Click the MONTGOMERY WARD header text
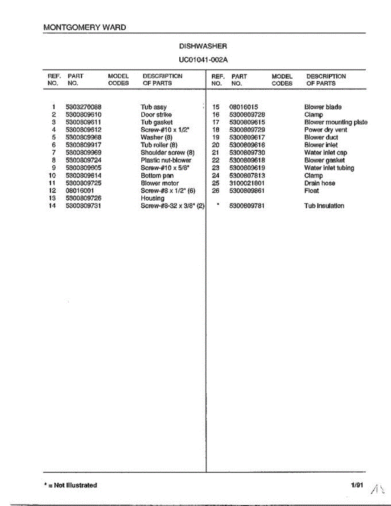click(85, 27)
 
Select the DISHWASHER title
click(203, 46)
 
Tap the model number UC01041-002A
click(203, 59)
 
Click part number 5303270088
click(84, 107)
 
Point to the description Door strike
click(156, 115)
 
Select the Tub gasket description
click(156, 122)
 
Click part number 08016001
click(79, 191)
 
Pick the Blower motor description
click(159, 183)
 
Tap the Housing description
click(152, 198)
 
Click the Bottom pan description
click(157, 175)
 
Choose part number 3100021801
click(247, 183)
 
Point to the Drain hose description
click(320, 183)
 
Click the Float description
click(311, 191)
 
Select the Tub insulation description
click(324, 206)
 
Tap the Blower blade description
click(323, 107)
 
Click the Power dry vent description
click(326, 130)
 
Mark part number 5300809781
click(247, 206)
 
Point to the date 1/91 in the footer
click(357, 485)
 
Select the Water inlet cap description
click(325, 153)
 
